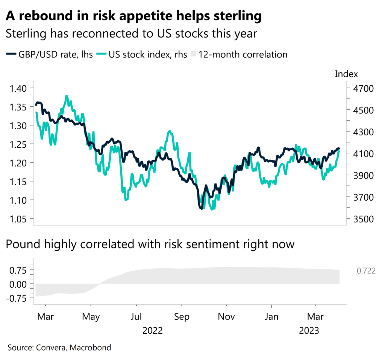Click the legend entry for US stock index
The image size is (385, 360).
click(x=142, y=54)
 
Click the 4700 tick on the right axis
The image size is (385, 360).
click(x=361, y=89)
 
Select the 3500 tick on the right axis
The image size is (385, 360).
click(x=361, y=219)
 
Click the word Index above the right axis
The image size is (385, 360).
click(x=346, y=74)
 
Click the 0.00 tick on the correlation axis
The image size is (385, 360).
click(x=18, y=284)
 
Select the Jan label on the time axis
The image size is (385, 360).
click(x=271, y=317)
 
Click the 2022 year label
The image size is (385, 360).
click(x=153, y=331)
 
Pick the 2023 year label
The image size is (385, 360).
click(x=309, y=331)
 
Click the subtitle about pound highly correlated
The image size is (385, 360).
click(x=150, y=244)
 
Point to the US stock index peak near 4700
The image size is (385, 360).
click(x=67, y=96)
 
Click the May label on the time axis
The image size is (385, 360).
click(x=91, y=317)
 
